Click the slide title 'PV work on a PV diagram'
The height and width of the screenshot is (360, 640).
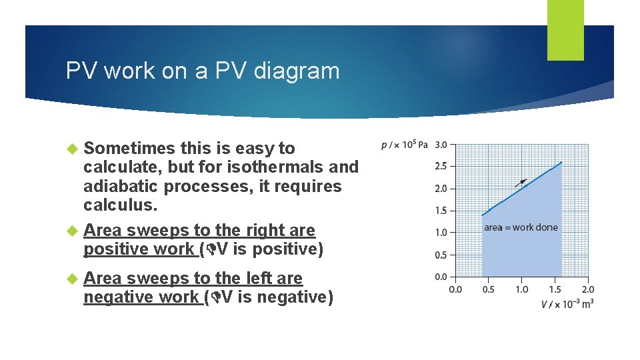203,71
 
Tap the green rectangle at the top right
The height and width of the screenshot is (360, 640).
565,29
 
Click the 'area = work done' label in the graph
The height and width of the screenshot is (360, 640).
521,227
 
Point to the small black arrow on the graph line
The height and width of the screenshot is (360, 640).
522,181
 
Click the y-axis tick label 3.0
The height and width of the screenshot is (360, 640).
441,144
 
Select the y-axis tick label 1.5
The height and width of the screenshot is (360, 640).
441,211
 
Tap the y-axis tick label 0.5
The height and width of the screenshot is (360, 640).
441,255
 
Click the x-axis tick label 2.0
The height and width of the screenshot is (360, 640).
587,289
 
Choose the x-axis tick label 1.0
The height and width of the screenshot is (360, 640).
521,289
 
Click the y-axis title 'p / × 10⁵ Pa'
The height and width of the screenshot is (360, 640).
404,144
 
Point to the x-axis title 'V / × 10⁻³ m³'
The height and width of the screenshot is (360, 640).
567,303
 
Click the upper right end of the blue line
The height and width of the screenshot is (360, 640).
561,162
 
